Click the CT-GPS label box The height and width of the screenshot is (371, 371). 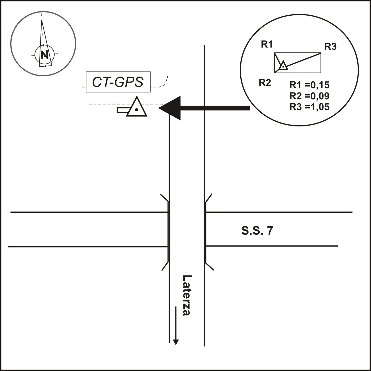[x=118, y=82]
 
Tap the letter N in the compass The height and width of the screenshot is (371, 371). [x=44, y=54]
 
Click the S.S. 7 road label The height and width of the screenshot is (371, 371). [x=257, y=231]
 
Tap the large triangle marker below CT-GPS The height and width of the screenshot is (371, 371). [x=137, y=108]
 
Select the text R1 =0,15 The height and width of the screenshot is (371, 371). [x=309, y=85]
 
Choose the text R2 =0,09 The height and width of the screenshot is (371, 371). [x=309, y=96]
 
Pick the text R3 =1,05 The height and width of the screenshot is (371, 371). [x=309, y=107]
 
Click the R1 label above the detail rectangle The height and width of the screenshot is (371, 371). [x=267, y=44]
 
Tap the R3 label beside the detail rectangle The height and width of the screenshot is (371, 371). [x=330, y=47]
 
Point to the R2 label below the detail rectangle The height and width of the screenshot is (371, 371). [x=265, y=83]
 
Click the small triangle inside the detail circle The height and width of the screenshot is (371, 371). [x=283, y=66]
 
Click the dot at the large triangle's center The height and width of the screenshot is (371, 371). [x=137, y=110]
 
